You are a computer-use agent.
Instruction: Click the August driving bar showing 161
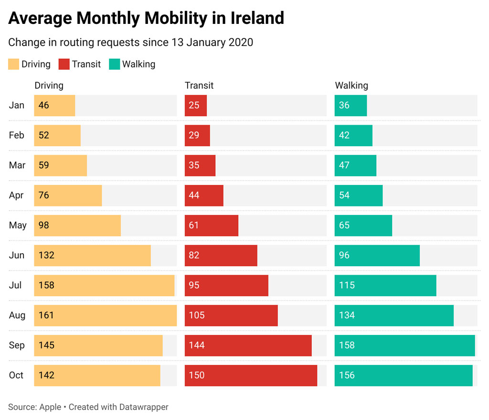105,315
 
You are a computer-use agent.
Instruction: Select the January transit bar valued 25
196,106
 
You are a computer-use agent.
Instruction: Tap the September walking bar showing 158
404,345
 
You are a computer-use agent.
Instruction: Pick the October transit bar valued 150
251,376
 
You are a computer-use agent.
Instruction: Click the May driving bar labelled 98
77,226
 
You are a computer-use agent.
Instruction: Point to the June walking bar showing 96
377,256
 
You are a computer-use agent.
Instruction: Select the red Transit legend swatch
64,64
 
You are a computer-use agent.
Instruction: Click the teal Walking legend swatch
114,64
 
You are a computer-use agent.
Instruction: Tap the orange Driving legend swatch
14,64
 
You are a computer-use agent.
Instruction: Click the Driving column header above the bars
49,86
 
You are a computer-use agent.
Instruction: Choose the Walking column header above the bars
351,86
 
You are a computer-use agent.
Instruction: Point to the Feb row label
16,136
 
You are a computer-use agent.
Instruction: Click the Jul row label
15,286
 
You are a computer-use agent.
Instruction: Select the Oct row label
16,376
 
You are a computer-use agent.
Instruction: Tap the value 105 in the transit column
197,315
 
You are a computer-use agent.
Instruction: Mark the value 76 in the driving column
44,195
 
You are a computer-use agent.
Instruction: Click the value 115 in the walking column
347,286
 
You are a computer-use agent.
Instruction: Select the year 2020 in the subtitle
241,43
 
